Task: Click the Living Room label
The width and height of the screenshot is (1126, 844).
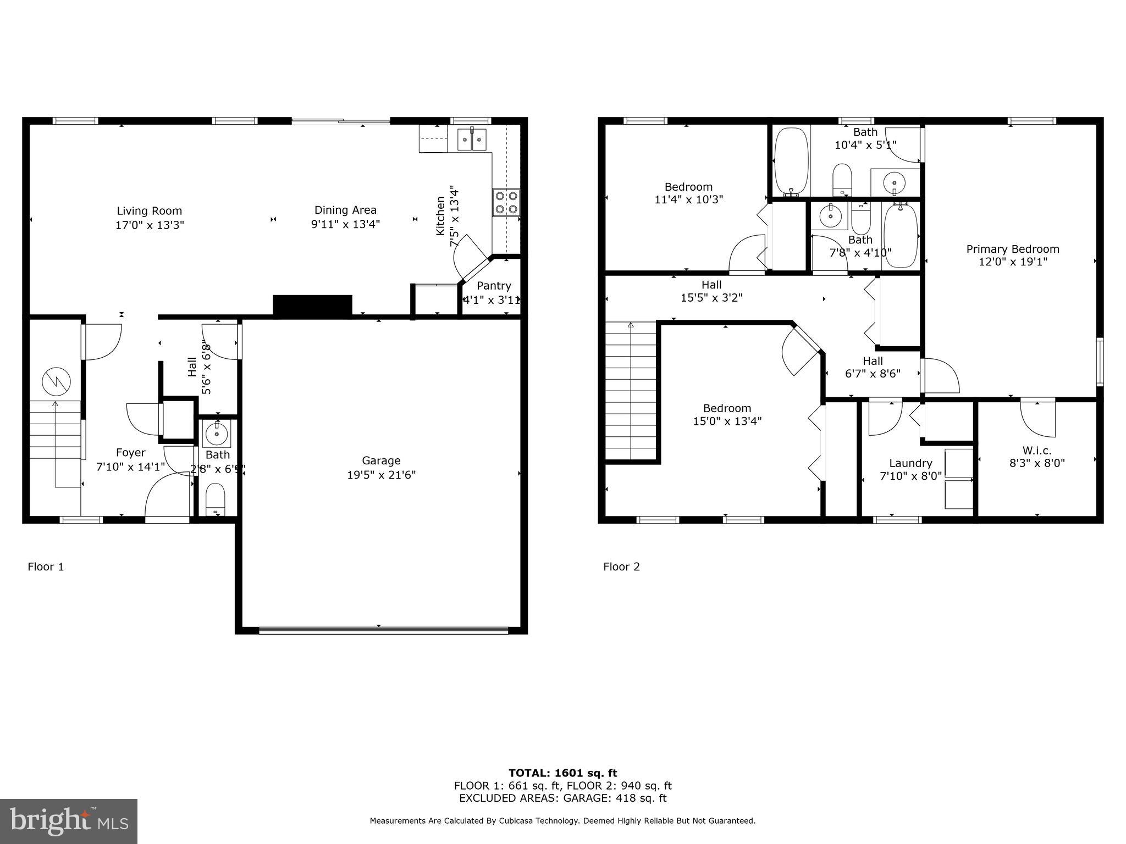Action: pos(149,211)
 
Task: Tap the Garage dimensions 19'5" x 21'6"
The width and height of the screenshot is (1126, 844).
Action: pos(381,475)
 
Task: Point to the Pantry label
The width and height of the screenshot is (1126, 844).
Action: pos(493,286)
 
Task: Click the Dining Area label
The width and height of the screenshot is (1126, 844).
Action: pos(345,210)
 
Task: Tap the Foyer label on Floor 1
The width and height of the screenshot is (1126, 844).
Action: pos(130,453)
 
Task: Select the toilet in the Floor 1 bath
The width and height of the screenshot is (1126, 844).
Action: pos(215,499)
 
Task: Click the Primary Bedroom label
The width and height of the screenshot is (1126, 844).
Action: pos(1012,249)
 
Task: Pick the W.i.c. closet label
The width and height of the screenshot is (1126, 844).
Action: pos(1037,451)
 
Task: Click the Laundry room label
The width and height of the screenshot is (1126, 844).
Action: pos(910,463)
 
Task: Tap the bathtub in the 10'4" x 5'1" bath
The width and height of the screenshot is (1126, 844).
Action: pos(791,162)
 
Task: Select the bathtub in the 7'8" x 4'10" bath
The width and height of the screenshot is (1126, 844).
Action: pos(901,235)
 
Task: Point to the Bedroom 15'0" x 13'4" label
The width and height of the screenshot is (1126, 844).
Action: pos(727,408)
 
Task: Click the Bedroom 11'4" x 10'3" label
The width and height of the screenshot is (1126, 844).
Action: pos(688,187)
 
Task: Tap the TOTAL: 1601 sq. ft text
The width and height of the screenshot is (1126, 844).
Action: pos(562,773)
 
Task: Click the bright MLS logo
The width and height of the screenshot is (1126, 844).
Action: pos(69,821)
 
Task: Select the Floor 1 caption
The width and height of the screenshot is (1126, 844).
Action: pos(46,567)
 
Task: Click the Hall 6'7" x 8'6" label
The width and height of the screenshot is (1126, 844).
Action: pos(873,361)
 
